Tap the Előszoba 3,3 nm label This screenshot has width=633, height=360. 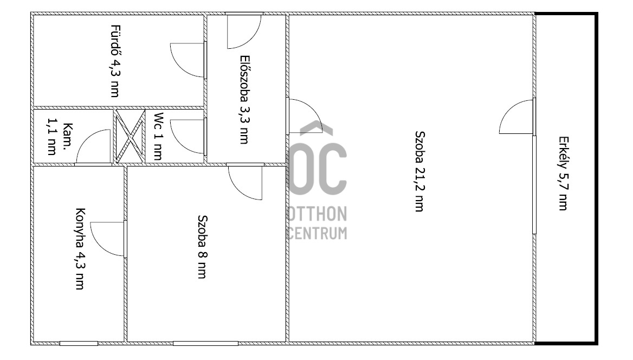coord(244,99)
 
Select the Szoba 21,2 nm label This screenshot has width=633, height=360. coord(419,171)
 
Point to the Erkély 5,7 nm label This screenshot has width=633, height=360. coord(563,173)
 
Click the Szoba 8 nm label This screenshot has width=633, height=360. coord(202,247)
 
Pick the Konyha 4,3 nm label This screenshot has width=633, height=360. coord(80,248)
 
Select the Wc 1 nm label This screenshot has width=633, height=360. coord(158,137)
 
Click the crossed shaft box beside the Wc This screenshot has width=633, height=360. coord(130,136)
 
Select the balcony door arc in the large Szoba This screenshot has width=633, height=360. coord(509,109)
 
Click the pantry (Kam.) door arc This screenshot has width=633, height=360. coord(86,139)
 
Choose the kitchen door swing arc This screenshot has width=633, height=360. coord(100,246)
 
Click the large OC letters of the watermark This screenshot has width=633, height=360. coord(318,169)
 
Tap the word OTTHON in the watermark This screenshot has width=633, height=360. coord(318,214)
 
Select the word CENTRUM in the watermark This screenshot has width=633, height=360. coord(318,233)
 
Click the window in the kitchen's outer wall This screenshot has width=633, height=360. coord(79,343)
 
